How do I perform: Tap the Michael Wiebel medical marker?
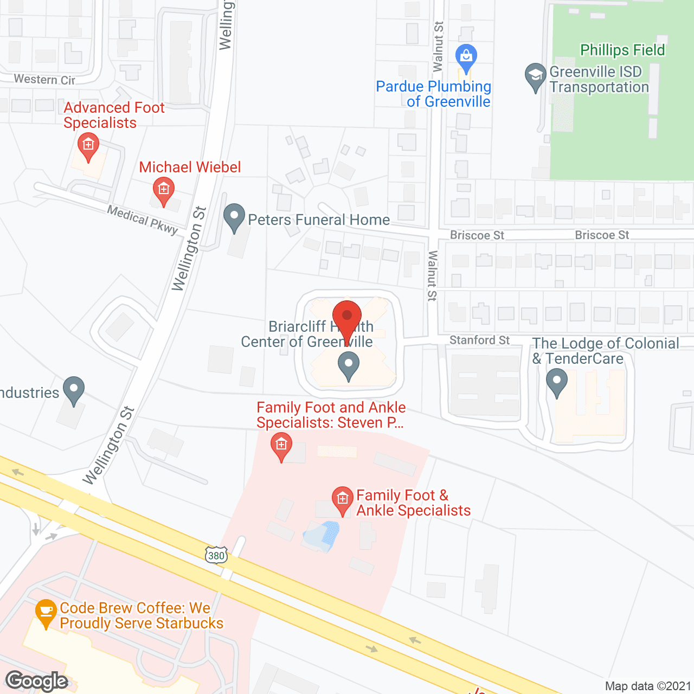point(163,190)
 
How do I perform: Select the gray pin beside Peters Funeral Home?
point(234,217)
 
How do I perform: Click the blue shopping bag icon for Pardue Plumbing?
point(466,56)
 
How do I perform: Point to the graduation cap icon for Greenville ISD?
point(536,76)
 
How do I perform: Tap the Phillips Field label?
point(622,50)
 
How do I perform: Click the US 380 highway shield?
point(216,555)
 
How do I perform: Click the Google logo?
point(37,681)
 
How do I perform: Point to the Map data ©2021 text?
point(648,686)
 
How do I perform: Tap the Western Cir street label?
point(44,80)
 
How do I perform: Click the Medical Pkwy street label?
point(143,220)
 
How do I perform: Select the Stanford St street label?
point(479,340)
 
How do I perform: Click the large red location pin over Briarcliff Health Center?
point(346,318)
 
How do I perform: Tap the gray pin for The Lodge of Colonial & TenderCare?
point(556,382)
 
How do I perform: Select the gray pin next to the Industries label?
point(73,390)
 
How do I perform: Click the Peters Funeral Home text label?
point(319,220)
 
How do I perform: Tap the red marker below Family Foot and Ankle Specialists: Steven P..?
point(281,447)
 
